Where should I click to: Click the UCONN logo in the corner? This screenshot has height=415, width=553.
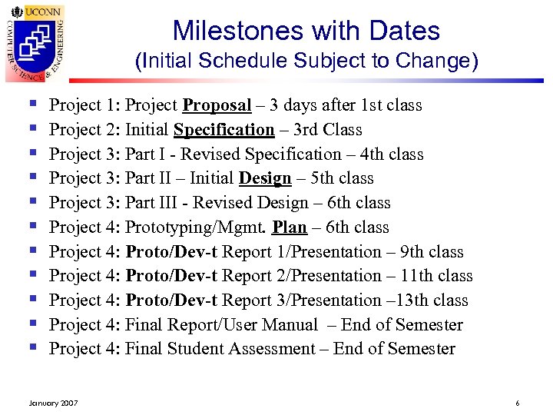[x=35, y=41]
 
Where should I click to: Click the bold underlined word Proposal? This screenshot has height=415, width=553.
[x=217, y=105]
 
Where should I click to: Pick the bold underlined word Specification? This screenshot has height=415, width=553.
[x=224, y=130]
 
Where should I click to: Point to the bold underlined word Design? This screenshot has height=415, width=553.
[x=265, y=178]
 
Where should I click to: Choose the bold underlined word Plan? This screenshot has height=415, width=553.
[x=290, y=227]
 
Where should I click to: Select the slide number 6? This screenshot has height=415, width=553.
[x=518, y=402]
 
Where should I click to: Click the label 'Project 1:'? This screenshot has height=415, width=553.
[x=84, y=105]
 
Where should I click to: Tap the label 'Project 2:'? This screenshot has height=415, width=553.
[x=84, y=130]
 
